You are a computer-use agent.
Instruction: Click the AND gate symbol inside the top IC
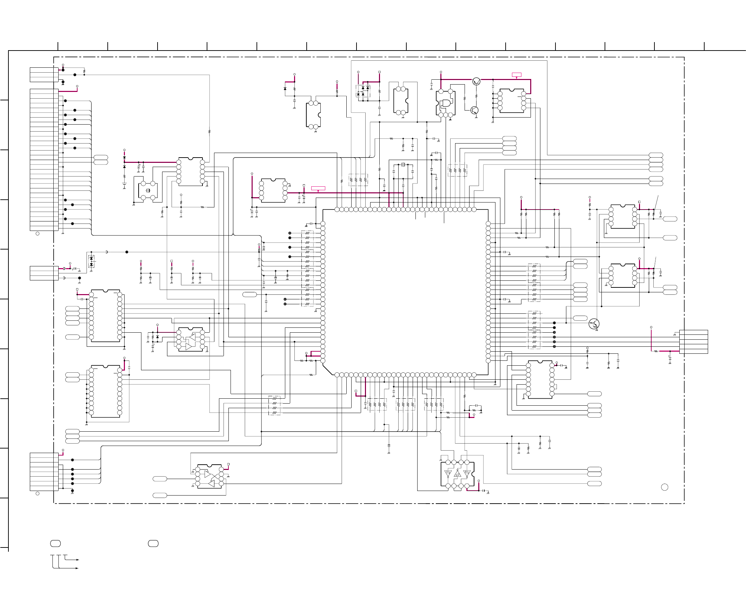point(446,103)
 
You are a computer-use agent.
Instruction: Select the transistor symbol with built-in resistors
point(594,324)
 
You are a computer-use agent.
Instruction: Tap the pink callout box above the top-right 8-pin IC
point(517,75)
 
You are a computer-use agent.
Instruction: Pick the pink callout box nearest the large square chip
point(318,188)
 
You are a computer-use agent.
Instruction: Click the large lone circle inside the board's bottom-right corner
point(665,487)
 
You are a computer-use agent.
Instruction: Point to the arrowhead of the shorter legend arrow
point(78,560)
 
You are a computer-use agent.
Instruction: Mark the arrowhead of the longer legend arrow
point(77,568)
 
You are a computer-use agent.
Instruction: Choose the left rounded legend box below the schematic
point(55,544)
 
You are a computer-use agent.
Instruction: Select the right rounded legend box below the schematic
point(153,544)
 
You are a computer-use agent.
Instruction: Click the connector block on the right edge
point(694,342)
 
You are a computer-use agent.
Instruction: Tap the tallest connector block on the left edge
point(44,160)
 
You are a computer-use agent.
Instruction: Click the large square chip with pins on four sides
point(405,292)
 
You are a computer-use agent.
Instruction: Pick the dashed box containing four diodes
point(363,91)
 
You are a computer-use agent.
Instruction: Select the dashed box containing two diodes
point(91,261)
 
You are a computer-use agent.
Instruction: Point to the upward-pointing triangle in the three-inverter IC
point(457,474)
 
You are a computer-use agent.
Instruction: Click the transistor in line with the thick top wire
point(476,81)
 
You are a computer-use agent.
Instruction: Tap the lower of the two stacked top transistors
point(474,110)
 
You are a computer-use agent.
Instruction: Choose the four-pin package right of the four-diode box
point(401,101)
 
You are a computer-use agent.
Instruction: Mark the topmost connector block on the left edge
point(44,75)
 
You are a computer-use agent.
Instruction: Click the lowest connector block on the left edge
point(44,472)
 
